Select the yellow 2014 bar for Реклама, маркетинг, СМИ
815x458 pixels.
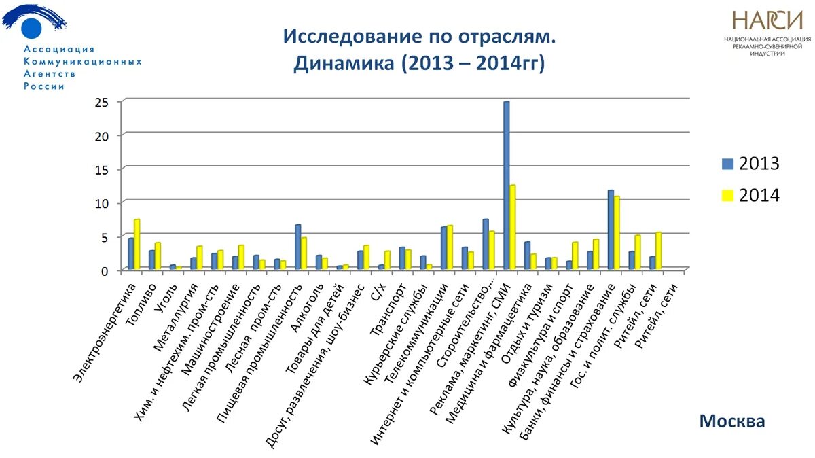coord(513,228)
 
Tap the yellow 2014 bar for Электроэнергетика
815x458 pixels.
coord(137,245)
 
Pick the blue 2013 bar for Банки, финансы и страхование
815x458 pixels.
coord(611,230)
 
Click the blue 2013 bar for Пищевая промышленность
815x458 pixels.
coord(297,247)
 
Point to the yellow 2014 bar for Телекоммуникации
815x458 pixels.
coord(450,248)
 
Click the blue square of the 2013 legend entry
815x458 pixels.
coord(728,164)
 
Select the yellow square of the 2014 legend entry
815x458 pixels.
coord(728,196)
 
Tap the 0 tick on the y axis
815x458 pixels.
coord(105,270)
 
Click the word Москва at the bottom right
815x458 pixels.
coord(731,421)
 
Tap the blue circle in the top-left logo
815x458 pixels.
coord(31,28)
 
